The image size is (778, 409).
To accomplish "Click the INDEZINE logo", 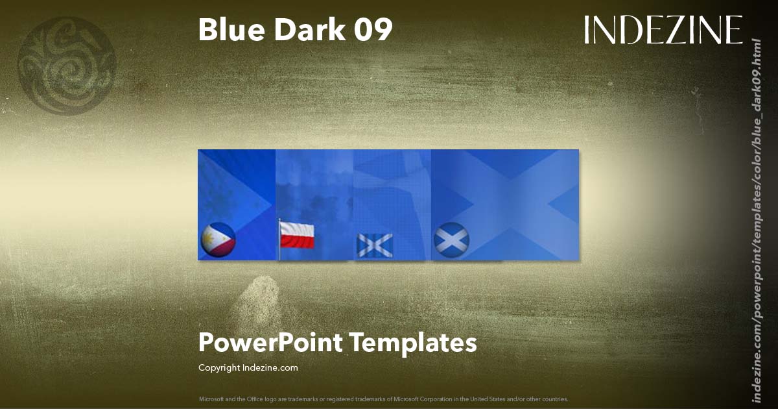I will point(663,31).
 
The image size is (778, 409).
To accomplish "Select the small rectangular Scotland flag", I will point(375,245).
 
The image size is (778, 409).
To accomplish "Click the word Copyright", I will point(219,368).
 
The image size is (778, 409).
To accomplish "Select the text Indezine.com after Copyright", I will point(270,368).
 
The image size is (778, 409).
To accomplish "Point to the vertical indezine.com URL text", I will point(756,221).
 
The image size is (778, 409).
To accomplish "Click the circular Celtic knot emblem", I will point(67,66).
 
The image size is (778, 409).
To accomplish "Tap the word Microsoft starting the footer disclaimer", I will point(212,399).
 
